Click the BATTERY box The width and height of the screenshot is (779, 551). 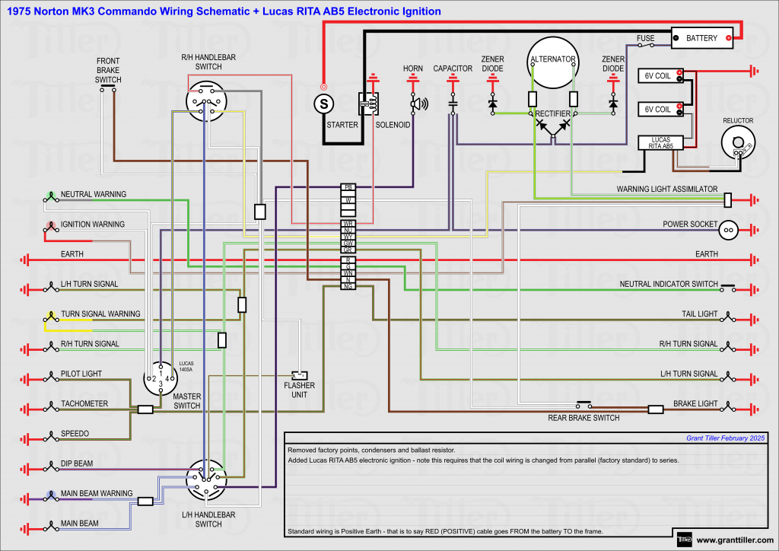coord(701,37)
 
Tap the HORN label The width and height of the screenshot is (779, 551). coord(413,68)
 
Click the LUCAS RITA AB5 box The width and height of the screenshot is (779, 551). coord(660,142)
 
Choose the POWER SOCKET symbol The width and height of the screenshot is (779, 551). coord(728,228)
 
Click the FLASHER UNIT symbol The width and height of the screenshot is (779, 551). coord(300,375)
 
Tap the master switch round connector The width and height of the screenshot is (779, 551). coord(161,378)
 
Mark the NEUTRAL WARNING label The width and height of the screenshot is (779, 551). coord(94,194)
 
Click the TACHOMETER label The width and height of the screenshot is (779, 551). coord(84,403)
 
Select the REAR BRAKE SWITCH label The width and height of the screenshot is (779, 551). coord(583,418)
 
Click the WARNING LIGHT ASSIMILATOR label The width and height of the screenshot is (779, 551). coord(666,189)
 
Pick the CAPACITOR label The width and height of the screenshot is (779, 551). coord(453,68)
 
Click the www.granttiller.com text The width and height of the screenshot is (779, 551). coord(735,540)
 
